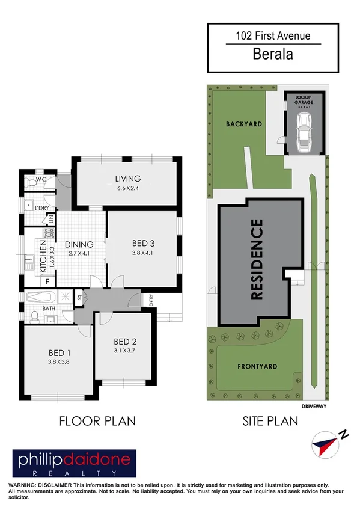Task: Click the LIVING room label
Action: click(x=128, y=179)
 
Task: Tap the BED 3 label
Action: click(x=144, y=244)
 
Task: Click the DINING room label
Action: click(x=79, y=244)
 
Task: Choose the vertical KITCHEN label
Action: click(x=44, y=257)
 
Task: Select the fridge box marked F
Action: click(x=47, y=281)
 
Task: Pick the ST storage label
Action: click(x=79, y=296)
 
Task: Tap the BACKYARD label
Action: click(x=244, y=124)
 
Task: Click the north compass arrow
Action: click(x=326, y=444)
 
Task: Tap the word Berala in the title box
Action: click(x=273, y=54)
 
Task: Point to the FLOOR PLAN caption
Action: click(x=97, y=421)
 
